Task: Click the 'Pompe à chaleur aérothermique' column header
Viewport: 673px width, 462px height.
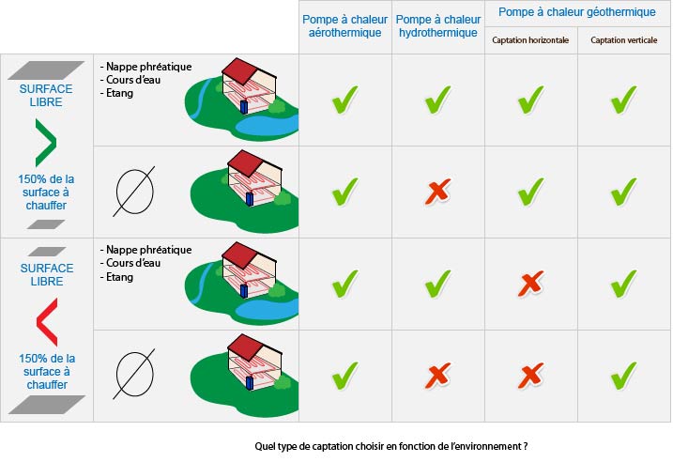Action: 344,26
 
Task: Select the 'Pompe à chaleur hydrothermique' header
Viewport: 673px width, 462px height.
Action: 437,26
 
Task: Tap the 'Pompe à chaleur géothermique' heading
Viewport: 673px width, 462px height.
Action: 577,12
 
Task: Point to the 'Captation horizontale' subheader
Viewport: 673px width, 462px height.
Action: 530,40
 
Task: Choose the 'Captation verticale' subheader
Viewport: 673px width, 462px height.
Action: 623,40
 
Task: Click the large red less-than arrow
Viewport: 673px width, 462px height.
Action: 48,322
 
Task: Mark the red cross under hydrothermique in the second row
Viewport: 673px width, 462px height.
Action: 437,191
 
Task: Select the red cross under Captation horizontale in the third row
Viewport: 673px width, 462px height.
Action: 531,284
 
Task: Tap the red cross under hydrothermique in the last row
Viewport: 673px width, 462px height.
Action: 437,376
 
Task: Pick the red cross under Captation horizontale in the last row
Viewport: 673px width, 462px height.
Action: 531,376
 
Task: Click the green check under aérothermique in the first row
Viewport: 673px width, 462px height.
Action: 344,100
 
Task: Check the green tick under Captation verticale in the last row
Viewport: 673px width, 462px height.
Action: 623,376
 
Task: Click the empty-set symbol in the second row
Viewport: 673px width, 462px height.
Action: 134,192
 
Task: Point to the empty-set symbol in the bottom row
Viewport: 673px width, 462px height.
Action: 134,374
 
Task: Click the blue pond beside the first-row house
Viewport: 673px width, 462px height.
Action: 267,125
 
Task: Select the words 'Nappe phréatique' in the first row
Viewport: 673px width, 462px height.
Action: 148,67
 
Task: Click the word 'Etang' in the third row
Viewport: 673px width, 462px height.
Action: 119,277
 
